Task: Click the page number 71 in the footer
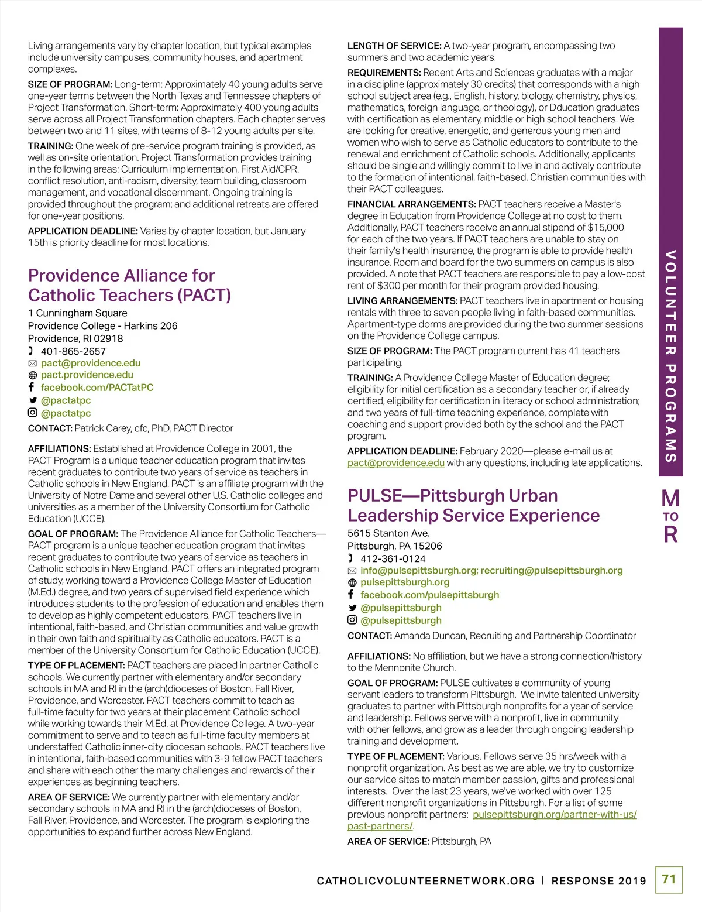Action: pos(669,879)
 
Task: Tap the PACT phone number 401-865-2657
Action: pos(73,351)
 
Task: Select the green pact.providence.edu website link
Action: pos(87,375)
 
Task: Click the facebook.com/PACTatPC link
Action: pos(97,388)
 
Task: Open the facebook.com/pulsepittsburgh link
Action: pos(429,595)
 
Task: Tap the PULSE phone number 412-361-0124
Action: pos(393,558)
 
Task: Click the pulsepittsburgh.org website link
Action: pos(405,582)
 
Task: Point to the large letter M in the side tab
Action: pos(670,499)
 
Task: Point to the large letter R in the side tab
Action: pos(670,534)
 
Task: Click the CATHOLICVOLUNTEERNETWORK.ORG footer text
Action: pos(425,881)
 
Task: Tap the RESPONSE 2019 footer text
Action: pos(598,881)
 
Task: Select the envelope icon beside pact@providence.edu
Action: pos(33,364)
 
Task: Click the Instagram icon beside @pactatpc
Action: pos(33,413)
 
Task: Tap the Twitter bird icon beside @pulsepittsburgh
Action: pos(352,608)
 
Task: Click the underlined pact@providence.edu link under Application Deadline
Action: pos(395,463)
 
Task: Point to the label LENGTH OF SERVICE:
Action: pos(394,46)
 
